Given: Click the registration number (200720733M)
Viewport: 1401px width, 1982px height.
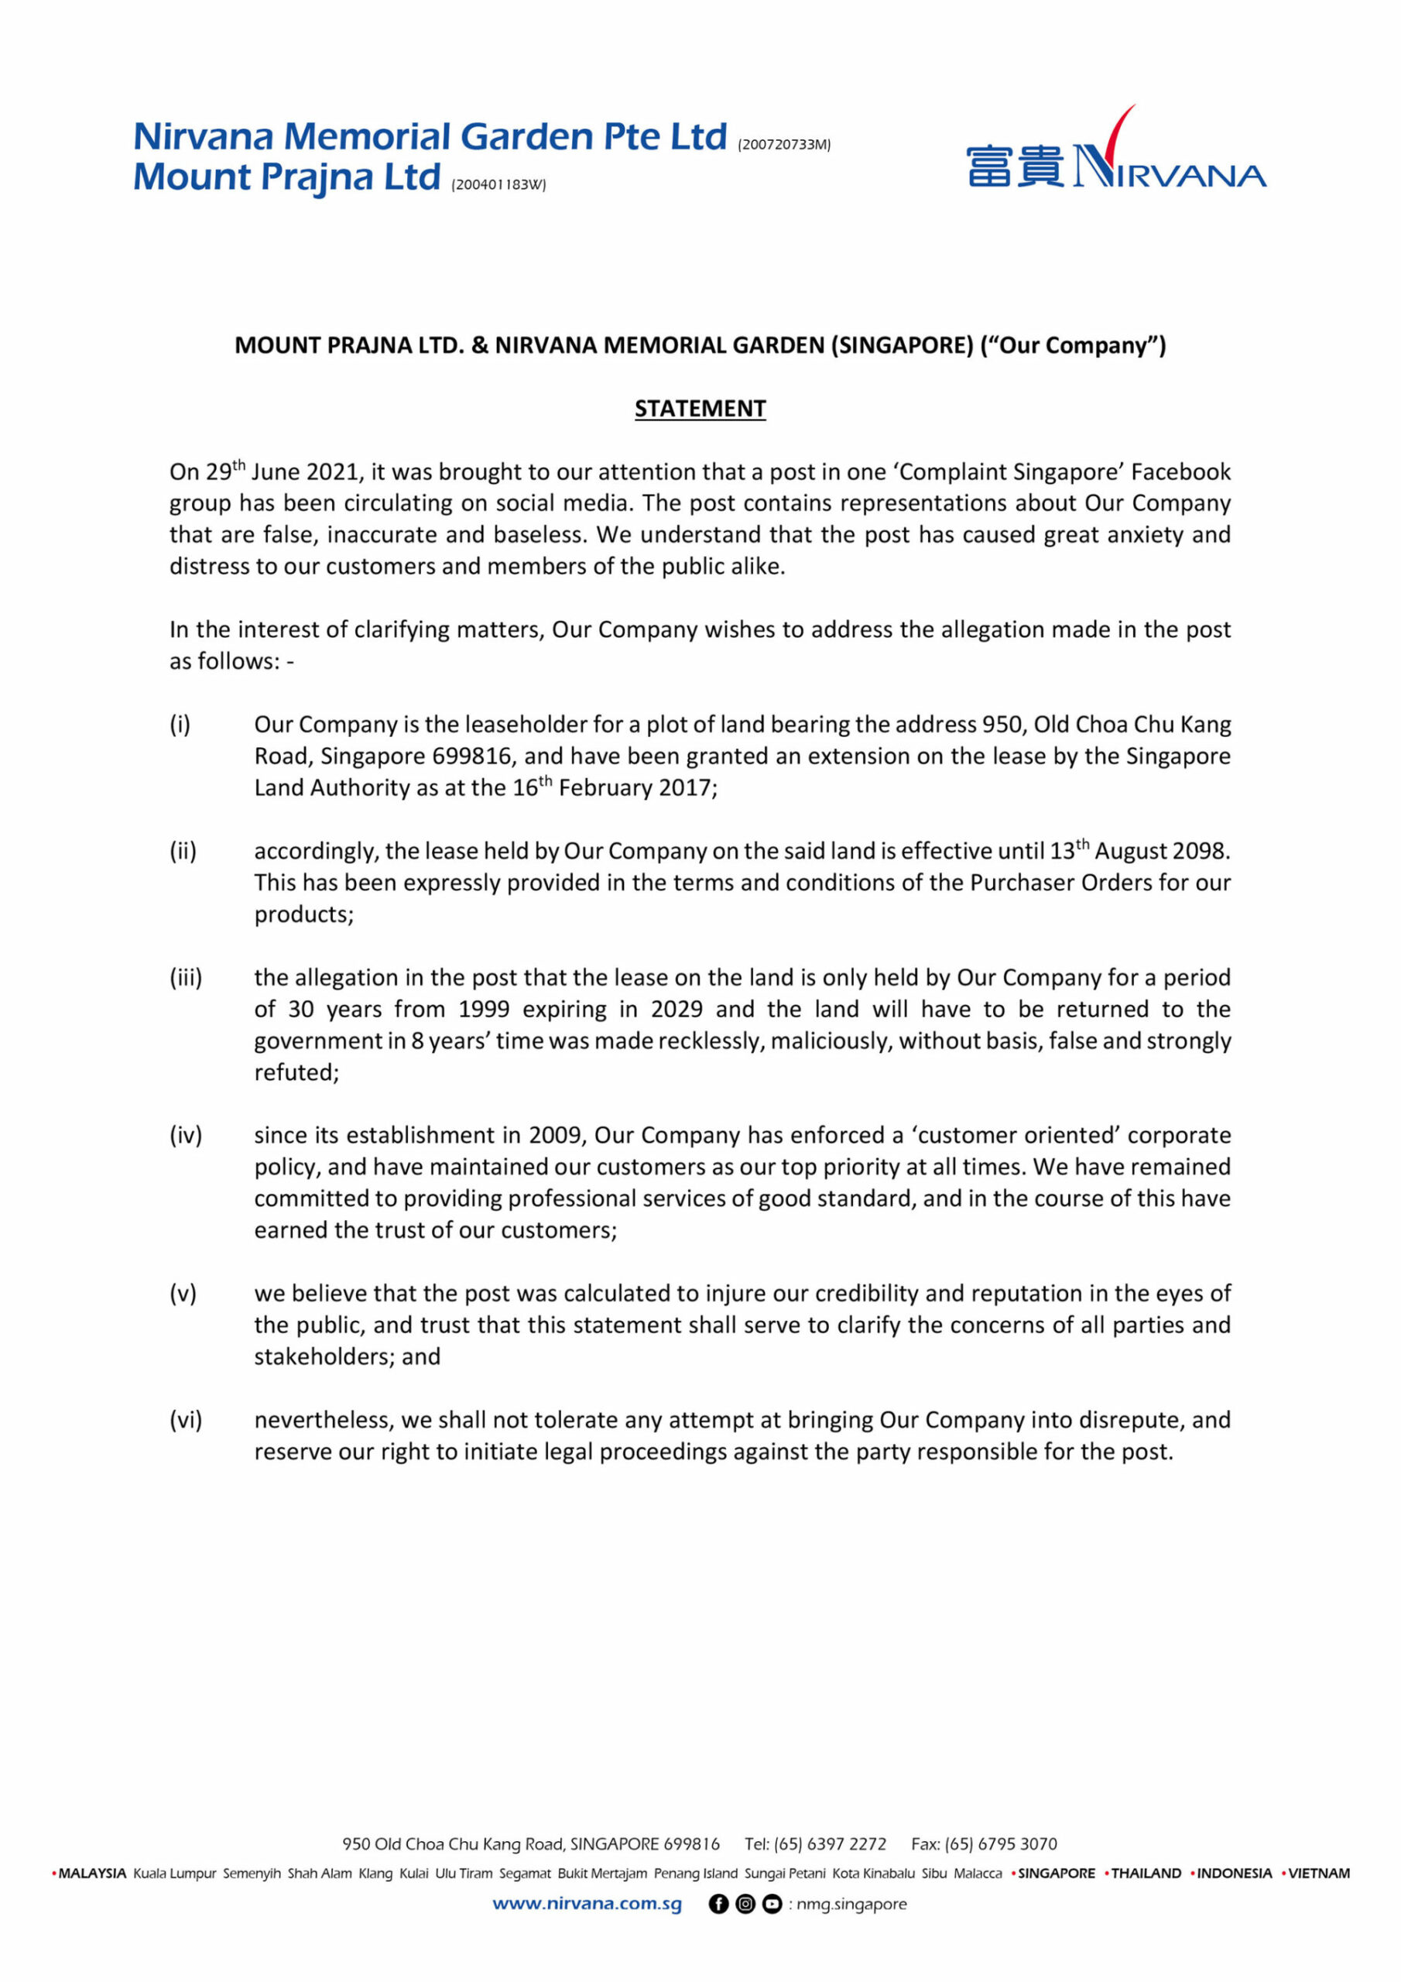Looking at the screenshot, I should tap(784, 145).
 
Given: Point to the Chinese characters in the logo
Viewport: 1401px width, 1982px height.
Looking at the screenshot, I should tap(1015, 167).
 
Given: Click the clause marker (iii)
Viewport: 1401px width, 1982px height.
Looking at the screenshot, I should tap(186, 978).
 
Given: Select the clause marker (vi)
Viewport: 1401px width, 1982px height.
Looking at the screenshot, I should tap(186, 1420).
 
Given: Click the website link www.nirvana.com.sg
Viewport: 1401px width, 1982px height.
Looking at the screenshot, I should tap(587, 1904).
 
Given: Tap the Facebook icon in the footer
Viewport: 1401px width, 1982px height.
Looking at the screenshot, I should tap(718, 1904).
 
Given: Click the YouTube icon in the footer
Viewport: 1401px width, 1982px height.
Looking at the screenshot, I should tap(772, 1904).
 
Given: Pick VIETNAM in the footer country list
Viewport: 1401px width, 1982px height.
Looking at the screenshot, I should tap(1318, 1874).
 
